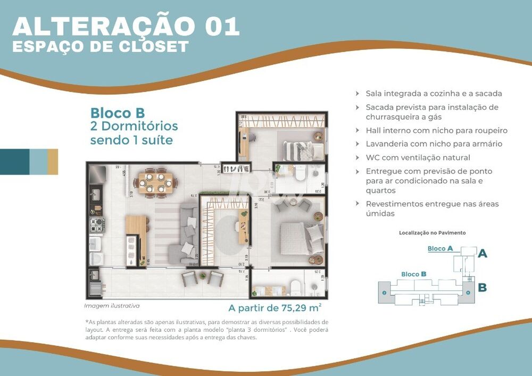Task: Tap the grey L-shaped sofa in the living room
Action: point(187,234)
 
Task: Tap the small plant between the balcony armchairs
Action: point(203,275)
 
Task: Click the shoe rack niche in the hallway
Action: point(236,168)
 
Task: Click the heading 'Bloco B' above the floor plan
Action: point(118,113)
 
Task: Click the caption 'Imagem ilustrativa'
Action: point(112,306)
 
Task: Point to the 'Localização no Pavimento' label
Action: point(432,233)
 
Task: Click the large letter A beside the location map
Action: point(482,254)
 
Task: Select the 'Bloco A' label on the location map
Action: point(440,248)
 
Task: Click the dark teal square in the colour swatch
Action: point(14,162)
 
